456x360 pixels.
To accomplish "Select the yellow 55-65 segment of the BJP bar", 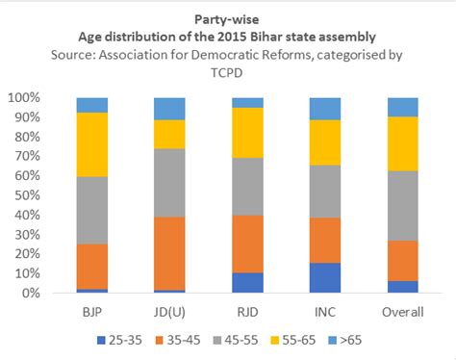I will click(x=92, y=144).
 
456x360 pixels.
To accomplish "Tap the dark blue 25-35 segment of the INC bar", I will click(x=324, y=277).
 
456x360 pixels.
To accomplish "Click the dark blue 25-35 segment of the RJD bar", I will click(x=247, y=282).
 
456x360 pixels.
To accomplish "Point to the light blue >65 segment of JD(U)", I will click(x=169, y=108).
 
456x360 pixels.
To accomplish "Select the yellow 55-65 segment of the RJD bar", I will click(x=247, y=132).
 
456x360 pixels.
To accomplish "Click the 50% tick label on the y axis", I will click(x=24, y=195).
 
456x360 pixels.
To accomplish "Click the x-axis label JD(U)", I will click(x=169, y=311).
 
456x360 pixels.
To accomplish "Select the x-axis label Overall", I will click(x=402, y=311).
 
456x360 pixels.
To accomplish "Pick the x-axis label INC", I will click(x=324, y=311).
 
